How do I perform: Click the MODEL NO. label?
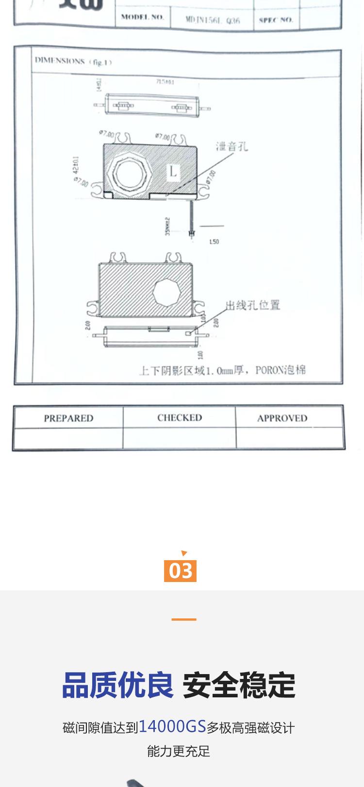(x=142, y=17)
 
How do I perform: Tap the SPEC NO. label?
(x=276, y=20)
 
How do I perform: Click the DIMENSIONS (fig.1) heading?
(x=73, y=62)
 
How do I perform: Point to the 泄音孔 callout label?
(x=232, y=146)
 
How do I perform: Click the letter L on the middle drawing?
(x=173, y=171)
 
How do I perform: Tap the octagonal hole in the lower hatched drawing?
(x=166, y=292)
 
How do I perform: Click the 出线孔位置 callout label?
(x=253, y=305)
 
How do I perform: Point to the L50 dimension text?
(x=214, y=241)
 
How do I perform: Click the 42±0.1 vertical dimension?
(x=77, y=166)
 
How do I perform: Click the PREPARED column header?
(x=68, y=418)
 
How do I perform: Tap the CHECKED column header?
(x=180, y=418)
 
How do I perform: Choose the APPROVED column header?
(x=282, y=418)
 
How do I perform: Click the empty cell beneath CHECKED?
(x=180, y=439)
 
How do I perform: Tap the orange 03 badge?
(x=181, y=570)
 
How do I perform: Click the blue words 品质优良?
(x=118, y=685)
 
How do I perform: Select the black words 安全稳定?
(x=239, y=685)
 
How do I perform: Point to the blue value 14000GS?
(x=172, y=726)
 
